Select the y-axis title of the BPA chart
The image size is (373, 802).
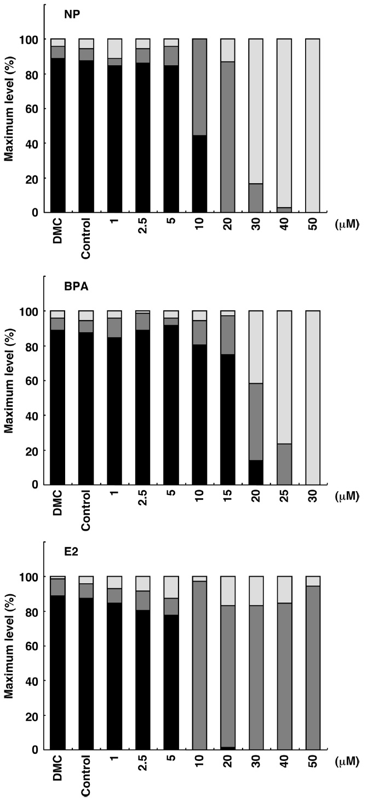(9, 397)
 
